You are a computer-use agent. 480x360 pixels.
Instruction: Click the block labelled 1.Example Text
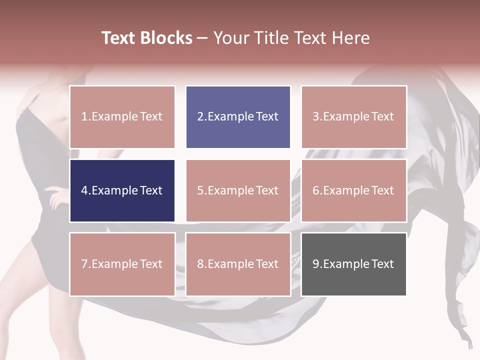122,117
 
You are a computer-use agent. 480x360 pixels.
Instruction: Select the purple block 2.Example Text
238,117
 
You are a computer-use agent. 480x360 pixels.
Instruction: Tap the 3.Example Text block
353,117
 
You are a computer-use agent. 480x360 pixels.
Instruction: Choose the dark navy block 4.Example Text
122,190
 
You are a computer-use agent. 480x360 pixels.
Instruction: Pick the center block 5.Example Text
238,190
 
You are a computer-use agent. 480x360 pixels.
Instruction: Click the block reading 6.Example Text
353,190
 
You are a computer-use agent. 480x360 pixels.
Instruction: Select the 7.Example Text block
122,264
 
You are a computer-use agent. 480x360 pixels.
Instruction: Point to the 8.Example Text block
238,264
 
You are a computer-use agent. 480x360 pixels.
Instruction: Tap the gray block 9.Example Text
353,264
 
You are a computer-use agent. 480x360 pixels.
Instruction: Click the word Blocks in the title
165,38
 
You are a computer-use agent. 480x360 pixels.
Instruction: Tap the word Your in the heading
229,38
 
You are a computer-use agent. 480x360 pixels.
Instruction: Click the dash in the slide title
202,38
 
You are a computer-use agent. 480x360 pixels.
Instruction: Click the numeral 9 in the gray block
316,264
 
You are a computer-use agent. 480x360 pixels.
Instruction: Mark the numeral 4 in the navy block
84,190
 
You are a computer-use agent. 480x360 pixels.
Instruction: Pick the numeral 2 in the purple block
200,117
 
